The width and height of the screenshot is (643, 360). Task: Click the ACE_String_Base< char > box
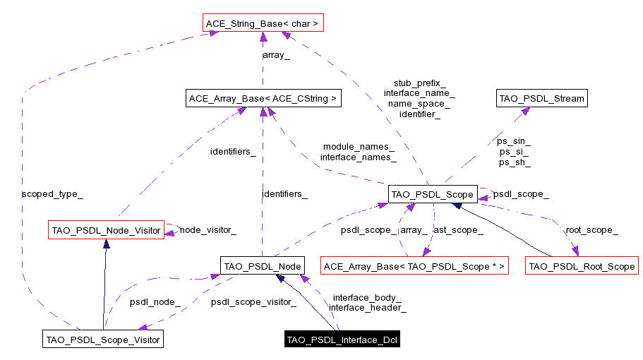tap(262, 24)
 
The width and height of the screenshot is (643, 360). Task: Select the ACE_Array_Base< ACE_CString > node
tap(263, 99)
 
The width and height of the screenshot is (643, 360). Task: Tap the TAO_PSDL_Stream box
tap(541, 99)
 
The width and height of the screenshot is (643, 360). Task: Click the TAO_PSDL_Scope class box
tap(433, 193)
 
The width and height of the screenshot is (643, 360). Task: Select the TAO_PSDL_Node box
tap(262, 266)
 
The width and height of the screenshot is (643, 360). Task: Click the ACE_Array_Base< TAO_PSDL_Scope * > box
tap(414, 266)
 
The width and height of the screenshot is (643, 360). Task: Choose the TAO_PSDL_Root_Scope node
tap(582, 266)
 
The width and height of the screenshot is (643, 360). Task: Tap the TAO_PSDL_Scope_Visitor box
tap(103, 340)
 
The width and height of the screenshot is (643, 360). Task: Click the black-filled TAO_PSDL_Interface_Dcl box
tap(342, 340)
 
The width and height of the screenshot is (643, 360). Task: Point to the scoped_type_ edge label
tap(48, 193)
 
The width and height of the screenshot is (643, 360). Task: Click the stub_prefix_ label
tap(419, 83)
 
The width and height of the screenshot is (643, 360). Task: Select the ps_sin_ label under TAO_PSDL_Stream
tap(514, 141)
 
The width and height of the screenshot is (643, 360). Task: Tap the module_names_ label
tap(359, 147)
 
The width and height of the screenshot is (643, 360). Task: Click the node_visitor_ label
tap(208, 229)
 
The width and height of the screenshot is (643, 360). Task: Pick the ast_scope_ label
tap(458, 229)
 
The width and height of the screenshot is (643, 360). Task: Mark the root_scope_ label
tap(591, 229)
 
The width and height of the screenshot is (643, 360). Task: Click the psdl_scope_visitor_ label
tap(253, 301)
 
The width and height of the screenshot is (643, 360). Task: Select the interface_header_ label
tap(367, 307)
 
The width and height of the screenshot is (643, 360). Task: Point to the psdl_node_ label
tap(155, 301)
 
